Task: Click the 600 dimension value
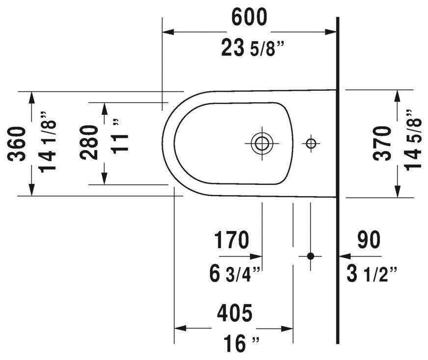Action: click(x=249, y=17)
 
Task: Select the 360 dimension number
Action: click(x=17, y=144)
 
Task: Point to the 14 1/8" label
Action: click(x=48, y=142)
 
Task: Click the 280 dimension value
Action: click(x=89, y=142)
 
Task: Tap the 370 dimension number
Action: click(x=382, y=143)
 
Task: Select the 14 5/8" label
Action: click(x=413, y=140)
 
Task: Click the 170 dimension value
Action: click(x=232, y=240)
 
